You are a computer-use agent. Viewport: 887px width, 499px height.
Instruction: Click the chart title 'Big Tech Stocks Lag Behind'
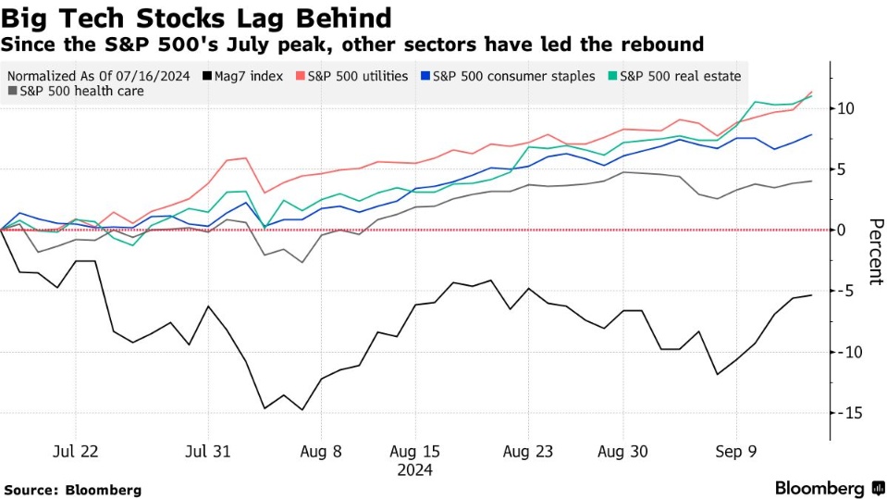tap(196, 18)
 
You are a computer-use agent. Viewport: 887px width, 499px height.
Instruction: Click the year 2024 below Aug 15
tap(414, 470)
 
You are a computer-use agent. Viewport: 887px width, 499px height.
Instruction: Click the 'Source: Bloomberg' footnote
tap(73, 489)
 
